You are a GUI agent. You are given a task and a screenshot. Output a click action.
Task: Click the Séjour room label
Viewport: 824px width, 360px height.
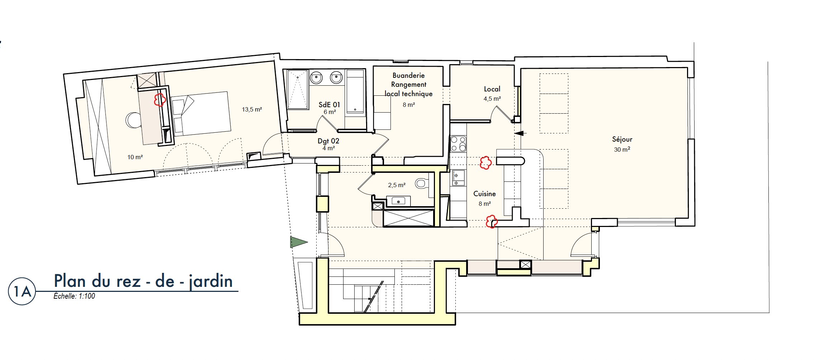pos(622,139)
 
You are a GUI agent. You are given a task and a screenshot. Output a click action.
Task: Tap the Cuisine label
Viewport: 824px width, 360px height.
pos(484,194)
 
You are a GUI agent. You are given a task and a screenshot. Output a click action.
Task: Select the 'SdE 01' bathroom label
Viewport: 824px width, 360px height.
pos(329,105)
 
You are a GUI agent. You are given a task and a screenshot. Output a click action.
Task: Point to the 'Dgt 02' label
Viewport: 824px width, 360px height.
pos(328,141)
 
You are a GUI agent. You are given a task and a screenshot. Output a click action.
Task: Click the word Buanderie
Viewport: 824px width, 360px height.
pos(408,75)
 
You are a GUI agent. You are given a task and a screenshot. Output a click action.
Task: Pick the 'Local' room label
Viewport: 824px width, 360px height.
pos(492,89)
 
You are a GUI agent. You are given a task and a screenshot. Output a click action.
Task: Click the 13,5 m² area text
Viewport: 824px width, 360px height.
pos(252,109)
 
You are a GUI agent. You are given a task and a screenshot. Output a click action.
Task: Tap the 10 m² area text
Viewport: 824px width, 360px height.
pos(135,157)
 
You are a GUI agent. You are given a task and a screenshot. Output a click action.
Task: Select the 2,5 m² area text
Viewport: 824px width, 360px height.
pos(397,185)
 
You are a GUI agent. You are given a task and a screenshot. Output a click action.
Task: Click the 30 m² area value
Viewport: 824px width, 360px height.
pos(622,150)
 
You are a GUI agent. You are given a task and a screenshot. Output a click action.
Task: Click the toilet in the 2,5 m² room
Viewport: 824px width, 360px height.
pos(422,184)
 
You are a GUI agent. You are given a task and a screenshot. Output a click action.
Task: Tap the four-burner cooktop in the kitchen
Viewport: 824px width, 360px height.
pos(458,144)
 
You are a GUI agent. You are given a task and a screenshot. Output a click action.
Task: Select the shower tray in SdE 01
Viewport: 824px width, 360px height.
pos(298,89)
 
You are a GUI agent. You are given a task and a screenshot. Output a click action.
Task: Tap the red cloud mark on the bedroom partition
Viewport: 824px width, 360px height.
pos(160,100)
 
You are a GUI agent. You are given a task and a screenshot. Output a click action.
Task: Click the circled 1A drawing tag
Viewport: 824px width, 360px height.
pos(22,291)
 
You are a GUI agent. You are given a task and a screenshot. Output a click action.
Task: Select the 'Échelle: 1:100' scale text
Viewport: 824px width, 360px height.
pos(74,296)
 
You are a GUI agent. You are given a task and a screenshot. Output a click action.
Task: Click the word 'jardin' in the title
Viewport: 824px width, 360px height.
pos(211,281)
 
